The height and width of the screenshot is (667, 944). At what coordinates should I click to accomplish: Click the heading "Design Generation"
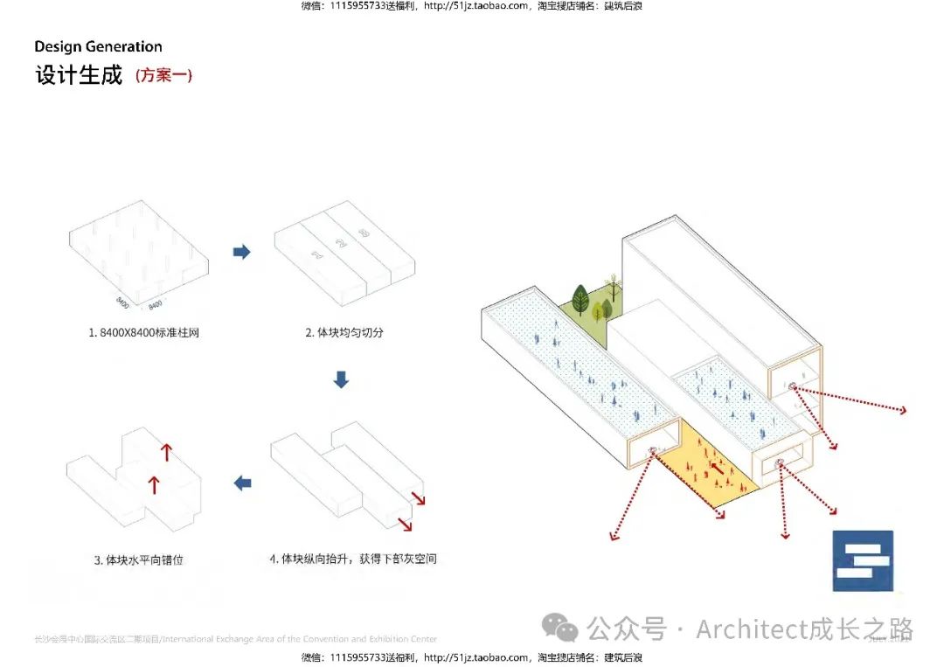tap(98, 47)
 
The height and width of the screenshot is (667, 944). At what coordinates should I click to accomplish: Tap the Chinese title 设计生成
tap(79, 75)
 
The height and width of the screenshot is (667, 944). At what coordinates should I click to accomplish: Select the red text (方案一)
tap(163, 76)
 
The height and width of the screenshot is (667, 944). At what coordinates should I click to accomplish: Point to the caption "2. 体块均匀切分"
tap(344, 332)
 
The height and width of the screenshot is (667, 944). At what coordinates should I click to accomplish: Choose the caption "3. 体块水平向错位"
tap(138, 559)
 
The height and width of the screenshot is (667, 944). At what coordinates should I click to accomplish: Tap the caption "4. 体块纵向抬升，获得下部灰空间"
tap(352, 559)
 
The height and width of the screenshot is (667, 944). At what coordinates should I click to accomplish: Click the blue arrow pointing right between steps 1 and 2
tap(241, 253)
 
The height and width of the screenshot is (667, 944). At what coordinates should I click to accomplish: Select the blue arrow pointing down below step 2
tap(342, 379)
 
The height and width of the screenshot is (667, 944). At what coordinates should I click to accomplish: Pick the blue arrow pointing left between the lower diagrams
tap(242, 483)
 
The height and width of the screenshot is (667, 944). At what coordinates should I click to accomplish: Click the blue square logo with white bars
tap(863, 560)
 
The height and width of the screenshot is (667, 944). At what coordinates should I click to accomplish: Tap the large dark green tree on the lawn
tap(580, 299)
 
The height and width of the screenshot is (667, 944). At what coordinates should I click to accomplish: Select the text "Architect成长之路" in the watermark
tap(804, 629)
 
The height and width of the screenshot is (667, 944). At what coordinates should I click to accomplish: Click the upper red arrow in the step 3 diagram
tap(166, 452)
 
